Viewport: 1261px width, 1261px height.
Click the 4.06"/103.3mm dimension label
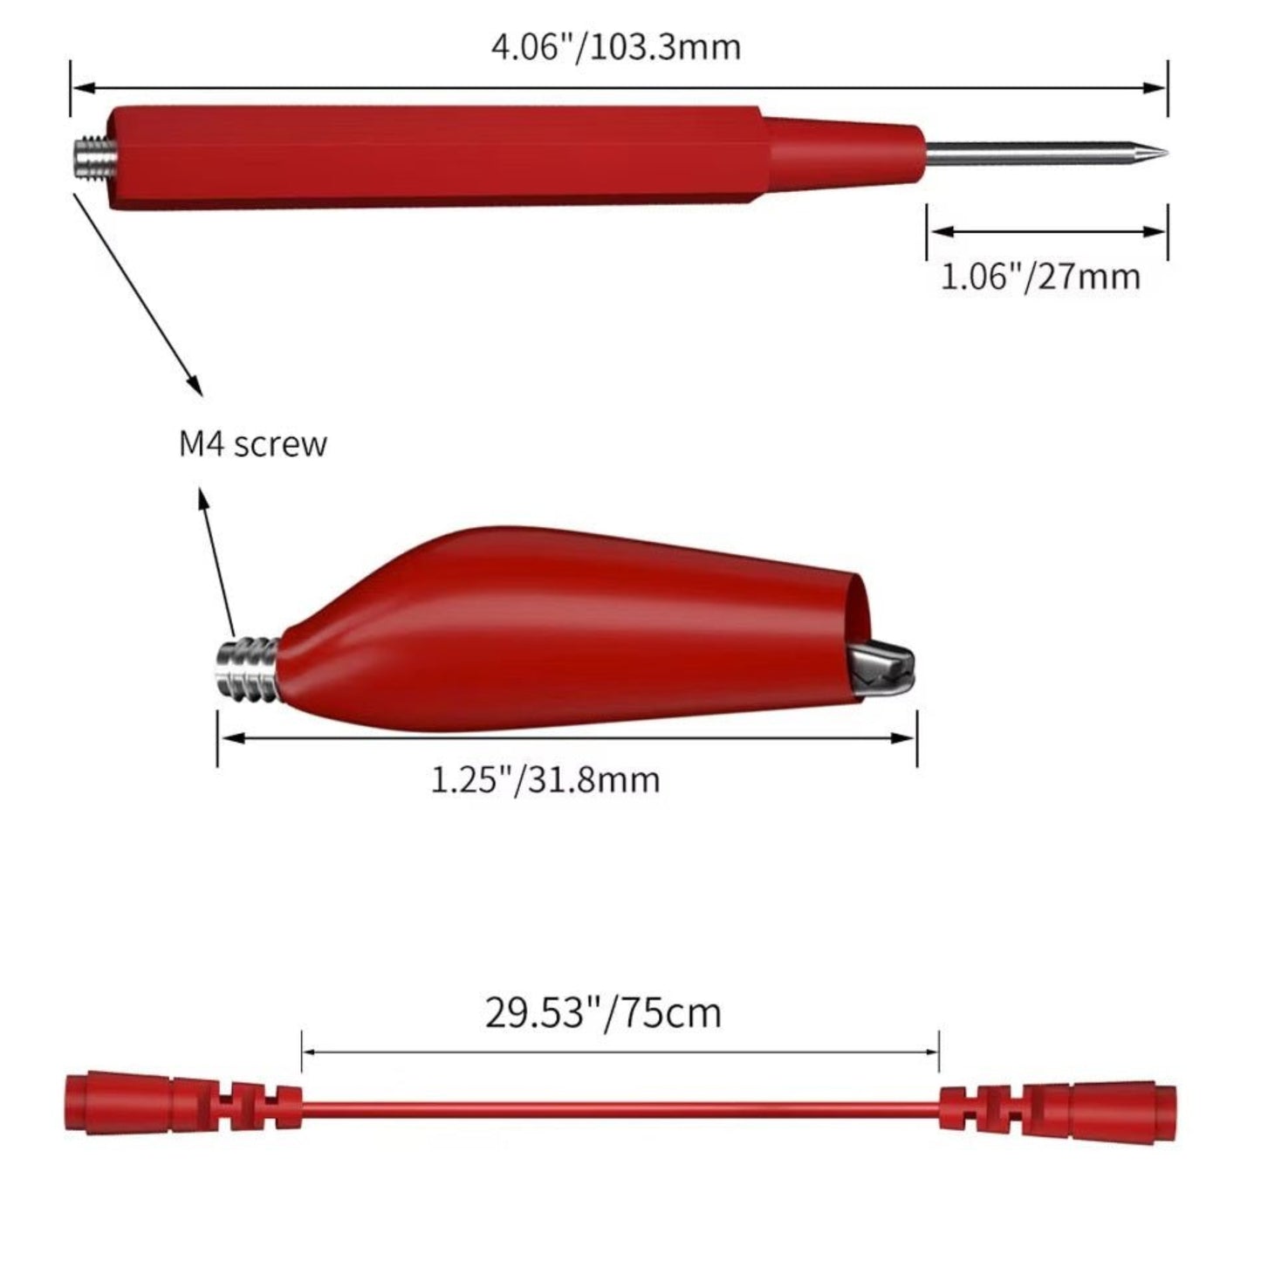click(616, 48)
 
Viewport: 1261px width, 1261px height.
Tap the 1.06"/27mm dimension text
click(1040, 277)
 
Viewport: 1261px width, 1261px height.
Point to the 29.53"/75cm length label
click(603, 1012)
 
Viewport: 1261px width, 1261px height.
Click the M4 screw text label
click(252, 443)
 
